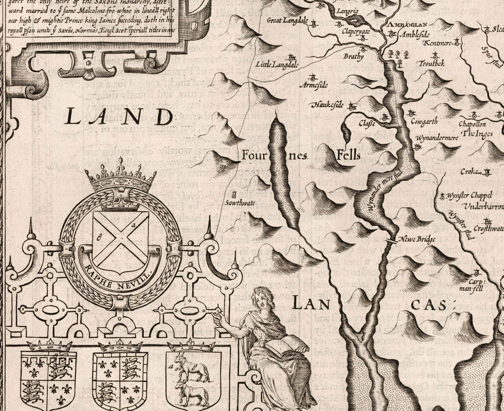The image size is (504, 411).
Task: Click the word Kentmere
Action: point(436,43)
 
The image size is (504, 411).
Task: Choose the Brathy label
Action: point(354,57)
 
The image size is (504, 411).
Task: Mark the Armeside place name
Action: point(314,85)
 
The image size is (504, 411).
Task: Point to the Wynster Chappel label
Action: point(470,196)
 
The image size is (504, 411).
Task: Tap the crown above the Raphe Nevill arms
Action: point(120,179)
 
